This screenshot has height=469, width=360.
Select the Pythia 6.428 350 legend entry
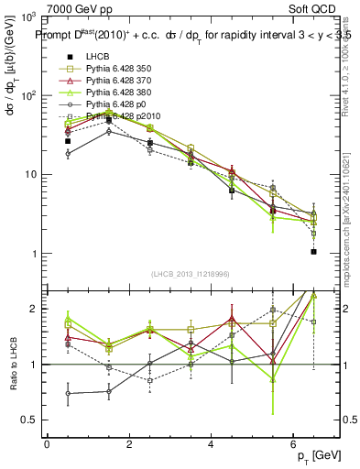pyautogui.click(x=114, y=69)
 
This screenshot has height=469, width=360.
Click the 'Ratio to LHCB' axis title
pyautogui.click(x=13, y=365)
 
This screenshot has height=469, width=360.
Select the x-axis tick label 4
pyautogui.click(x=212, y=444)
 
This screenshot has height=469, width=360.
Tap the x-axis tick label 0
pyautogui.click(x=47, y=444)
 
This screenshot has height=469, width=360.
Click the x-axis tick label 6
pyautogui.click(x=293, y=444)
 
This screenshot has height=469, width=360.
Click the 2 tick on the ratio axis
pyautogui.click(x=34, y=310)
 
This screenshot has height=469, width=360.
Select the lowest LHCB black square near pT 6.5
pyautogui.click(x=313, y=252)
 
